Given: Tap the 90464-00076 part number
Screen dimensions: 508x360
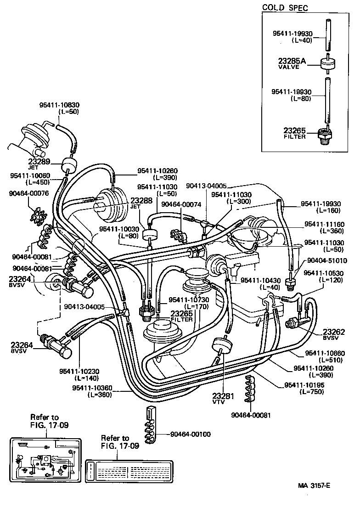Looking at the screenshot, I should pos(28,193).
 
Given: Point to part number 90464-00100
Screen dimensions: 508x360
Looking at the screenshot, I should pos(190,434).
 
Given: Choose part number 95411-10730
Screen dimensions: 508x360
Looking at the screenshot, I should pos(189,299).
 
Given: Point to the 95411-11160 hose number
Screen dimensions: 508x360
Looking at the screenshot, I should pos(324,224).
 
